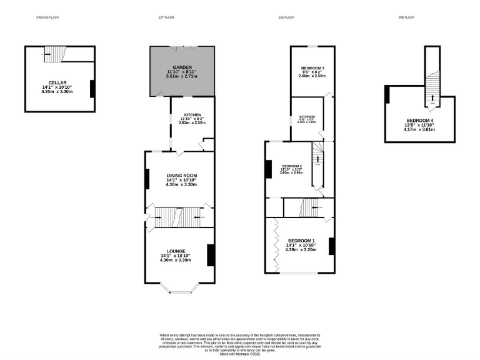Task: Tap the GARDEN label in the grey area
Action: [182, 67]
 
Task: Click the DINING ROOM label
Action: [181, 175]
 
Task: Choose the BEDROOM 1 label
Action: [302, 241]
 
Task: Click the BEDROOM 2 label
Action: [292, 166]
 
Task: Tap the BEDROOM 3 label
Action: [312, 67]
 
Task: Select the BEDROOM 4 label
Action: [419, 120]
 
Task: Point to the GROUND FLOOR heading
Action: [47, 17]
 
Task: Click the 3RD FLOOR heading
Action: [406, 17]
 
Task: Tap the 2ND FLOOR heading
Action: [286, 17]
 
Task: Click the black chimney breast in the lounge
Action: [211, 254]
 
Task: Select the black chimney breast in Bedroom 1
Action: [331, 246]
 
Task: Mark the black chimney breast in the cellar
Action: [92, 89]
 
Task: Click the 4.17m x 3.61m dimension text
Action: [419, 129]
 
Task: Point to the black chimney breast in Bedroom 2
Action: [269, 169]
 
